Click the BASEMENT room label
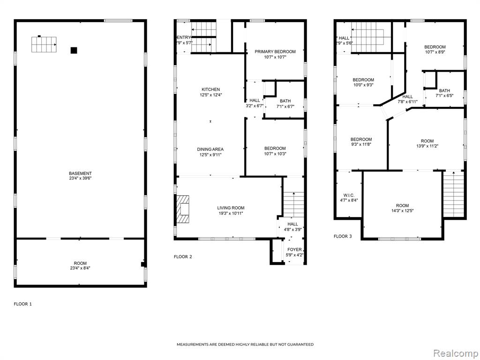point(80,173)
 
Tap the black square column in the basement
point(74,51)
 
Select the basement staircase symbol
point(44,45)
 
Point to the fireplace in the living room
point(183,210)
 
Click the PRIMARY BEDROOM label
point(275,52)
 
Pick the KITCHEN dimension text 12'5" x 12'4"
point(210,95)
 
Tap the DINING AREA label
point(210,150)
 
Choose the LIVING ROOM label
point(231,208)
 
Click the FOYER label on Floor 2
point(294,249)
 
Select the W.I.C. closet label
point(349,195)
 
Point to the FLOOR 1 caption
point(22,304)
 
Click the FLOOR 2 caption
point(183,256)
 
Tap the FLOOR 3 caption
point(343,236)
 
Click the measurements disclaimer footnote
point(245,345)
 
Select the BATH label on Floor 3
point(444,90)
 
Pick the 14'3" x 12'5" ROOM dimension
point(402,210)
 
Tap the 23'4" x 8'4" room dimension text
point(80,268)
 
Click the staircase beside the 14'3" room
point(454,194)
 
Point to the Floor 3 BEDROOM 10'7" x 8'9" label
point(435,47)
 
